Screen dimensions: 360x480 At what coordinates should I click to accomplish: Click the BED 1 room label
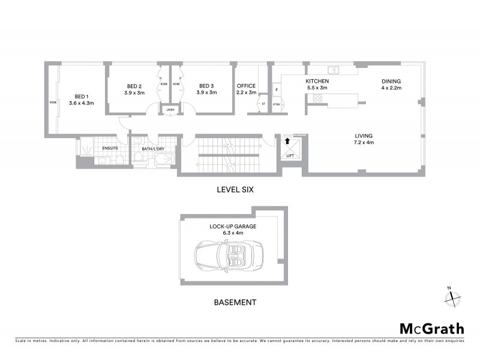pos(81,97)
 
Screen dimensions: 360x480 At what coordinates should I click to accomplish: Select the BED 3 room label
pos(206,85)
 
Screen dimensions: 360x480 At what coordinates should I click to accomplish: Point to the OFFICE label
pos(246,85)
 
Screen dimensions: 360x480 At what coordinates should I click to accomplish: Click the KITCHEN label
pos(316,81)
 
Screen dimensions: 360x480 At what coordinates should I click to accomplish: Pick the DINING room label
pos(391,81)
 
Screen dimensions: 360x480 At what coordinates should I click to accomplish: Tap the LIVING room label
pos(364,136)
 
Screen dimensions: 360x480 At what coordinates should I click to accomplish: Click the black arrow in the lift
pos(287,142)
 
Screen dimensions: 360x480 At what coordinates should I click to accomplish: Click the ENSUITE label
pos(110,148)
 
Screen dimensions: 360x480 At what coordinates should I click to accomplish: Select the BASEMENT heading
pos(235,302)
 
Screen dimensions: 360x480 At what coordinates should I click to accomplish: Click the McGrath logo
pos(432,328)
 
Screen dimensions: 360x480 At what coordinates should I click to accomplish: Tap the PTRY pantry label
pos(277,104)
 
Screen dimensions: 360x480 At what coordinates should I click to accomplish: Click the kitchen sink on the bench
pos(332,70)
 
